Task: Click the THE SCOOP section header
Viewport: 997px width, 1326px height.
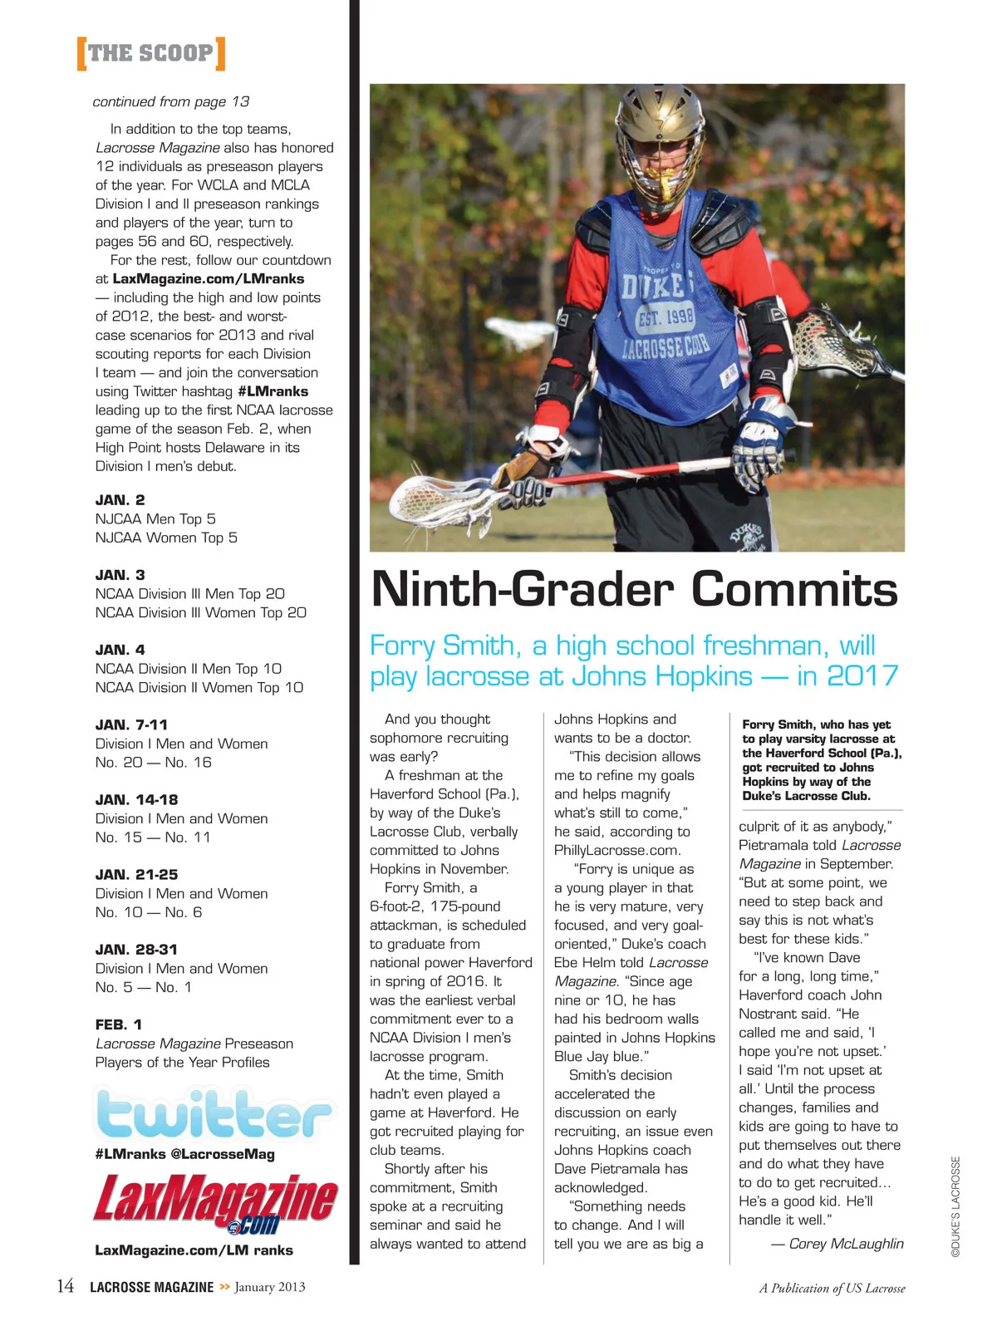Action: point(150,53)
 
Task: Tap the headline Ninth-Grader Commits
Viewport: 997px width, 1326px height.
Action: point(634,589)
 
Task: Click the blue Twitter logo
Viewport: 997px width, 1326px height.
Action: point(214,1114)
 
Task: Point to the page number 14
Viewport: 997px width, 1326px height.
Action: point(65,1287)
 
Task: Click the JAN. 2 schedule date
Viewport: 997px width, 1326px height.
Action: point(120,500)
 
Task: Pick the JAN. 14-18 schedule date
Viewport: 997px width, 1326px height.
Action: point(137,800)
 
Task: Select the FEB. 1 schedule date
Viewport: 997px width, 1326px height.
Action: point(119,1024)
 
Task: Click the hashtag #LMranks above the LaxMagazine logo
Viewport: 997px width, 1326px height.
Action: point(130,1154)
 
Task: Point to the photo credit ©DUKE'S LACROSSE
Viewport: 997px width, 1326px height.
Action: point(955,1206)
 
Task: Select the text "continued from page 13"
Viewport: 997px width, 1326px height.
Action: point(171,101)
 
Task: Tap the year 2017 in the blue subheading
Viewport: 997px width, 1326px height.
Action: point(862,676)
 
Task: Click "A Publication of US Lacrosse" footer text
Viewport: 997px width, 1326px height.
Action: point(832,1289)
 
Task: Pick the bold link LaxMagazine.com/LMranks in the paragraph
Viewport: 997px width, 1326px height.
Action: point(209,279)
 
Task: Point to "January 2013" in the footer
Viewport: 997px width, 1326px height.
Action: point(270,1287)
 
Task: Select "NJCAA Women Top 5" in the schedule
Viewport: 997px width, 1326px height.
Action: point(166,538)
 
